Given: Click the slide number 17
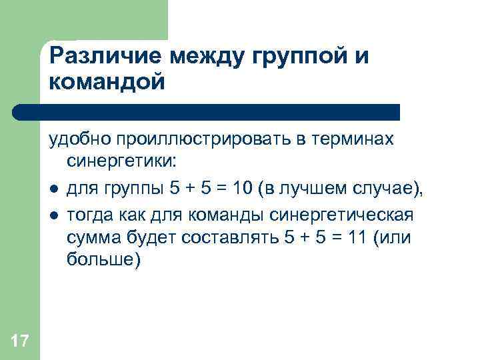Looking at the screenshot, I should [x=20, y=342].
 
